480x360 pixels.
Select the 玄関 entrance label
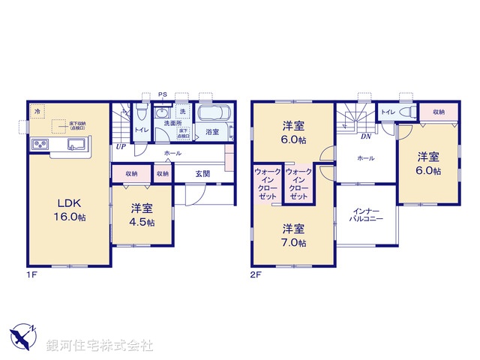pyautogui.click(x=202, y=173)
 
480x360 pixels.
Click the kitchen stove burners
pyautogui.click(x=40, y=143)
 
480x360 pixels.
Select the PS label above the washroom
pyautogui.click(x=162, y=94)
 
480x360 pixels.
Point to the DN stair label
pyautogui.click(x=366, y=136)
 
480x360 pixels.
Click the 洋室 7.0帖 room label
pyautogui.click(x=294, y=235)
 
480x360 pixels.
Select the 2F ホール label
pyautogui.click(x=366, y=158)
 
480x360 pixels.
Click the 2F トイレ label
pyautogui.click(x=388, y=112)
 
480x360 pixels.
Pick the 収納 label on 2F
pyautogui.click(x=437, y=112)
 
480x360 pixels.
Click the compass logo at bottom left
pyautogui.click(x=22, y=335)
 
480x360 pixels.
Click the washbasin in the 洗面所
pyautogui.click(x=160, y=113)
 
